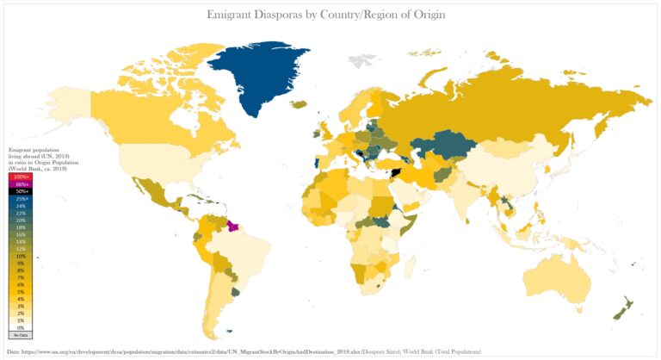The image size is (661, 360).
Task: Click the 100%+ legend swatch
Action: (x=20, y=177)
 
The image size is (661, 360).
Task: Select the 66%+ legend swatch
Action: (x=20, y=184)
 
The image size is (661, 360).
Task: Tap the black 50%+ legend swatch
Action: (x=20, y=191)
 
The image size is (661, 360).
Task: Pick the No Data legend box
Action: (x=20, y=335)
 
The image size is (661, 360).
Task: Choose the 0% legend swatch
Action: (x=20, y=328)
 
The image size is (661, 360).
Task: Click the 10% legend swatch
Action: (x=20, y=256)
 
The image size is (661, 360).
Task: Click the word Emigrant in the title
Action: (x=238, y=15)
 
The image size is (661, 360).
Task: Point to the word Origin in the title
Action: (x=426, y=15)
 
